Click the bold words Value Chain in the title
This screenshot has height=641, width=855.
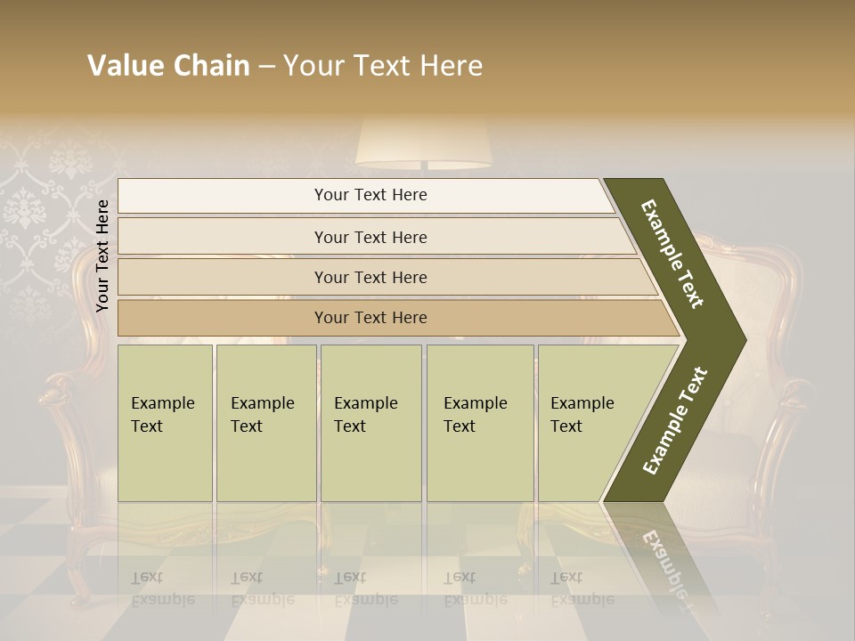[168, 66]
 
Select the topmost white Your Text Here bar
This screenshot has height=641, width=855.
[365, 195]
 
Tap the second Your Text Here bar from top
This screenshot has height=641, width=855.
[370, 237]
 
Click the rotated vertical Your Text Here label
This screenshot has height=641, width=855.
[102, 256]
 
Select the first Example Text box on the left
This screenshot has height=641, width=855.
[165, 422]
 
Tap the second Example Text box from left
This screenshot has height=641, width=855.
[265, 422]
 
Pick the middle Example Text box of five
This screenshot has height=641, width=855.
[370, 422]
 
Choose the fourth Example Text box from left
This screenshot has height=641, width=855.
[479, 422]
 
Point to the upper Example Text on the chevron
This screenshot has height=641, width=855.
[672, 254]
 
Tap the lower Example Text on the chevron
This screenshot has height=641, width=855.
[675, 420]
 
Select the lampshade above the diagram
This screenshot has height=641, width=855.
[424, 142]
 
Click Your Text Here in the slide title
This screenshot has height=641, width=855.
[383, 66]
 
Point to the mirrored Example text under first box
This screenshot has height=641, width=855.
[163, 588]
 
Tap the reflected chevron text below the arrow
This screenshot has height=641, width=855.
[664, 561]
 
